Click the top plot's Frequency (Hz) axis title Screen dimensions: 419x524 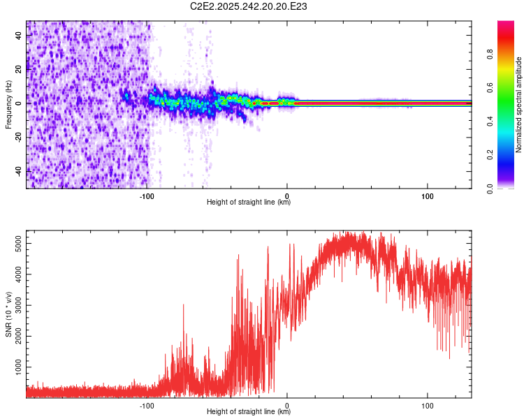[8, 105]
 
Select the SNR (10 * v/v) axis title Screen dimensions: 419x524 [8, 315]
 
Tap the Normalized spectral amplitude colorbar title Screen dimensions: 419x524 [519, 105]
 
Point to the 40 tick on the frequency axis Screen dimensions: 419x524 [19, 36]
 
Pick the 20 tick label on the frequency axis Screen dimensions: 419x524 [19, 69]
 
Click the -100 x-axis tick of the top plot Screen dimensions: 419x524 [147, 195]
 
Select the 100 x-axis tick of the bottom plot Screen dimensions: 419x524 [428, 404]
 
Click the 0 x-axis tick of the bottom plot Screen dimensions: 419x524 [288, 404]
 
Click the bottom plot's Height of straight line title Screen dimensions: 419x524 [249, 412]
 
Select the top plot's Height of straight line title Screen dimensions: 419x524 [249, 203]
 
